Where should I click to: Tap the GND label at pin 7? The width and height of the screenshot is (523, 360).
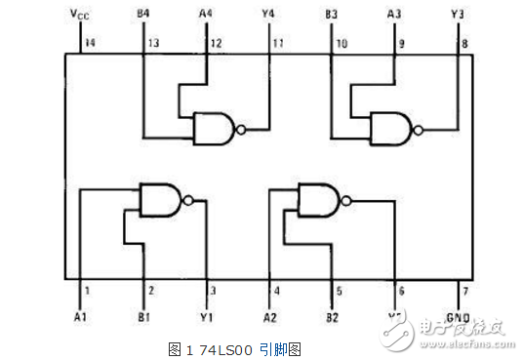pos(457,318)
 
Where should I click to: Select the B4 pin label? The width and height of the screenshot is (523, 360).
pos(143,14)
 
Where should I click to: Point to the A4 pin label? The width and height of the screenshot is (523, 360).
pos(205,14)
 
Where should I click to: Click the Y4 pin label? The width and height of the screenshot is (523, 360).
pos(268,14)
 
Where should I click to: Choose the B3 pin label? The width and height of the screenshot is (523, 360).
pos(331,14)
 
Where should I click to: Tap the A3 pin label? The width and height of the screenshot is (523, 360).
pos(394,14)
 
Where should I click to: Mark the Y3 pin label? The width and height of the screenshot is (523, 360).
pos(458,14)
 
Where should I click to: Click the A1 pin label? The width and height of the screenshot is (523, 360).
pos(80,318)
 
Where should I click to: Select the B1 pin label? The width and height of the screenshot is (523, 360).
pos(143,318)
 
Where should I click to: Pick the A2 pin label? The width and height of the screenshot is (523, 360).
pos(270,318)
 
